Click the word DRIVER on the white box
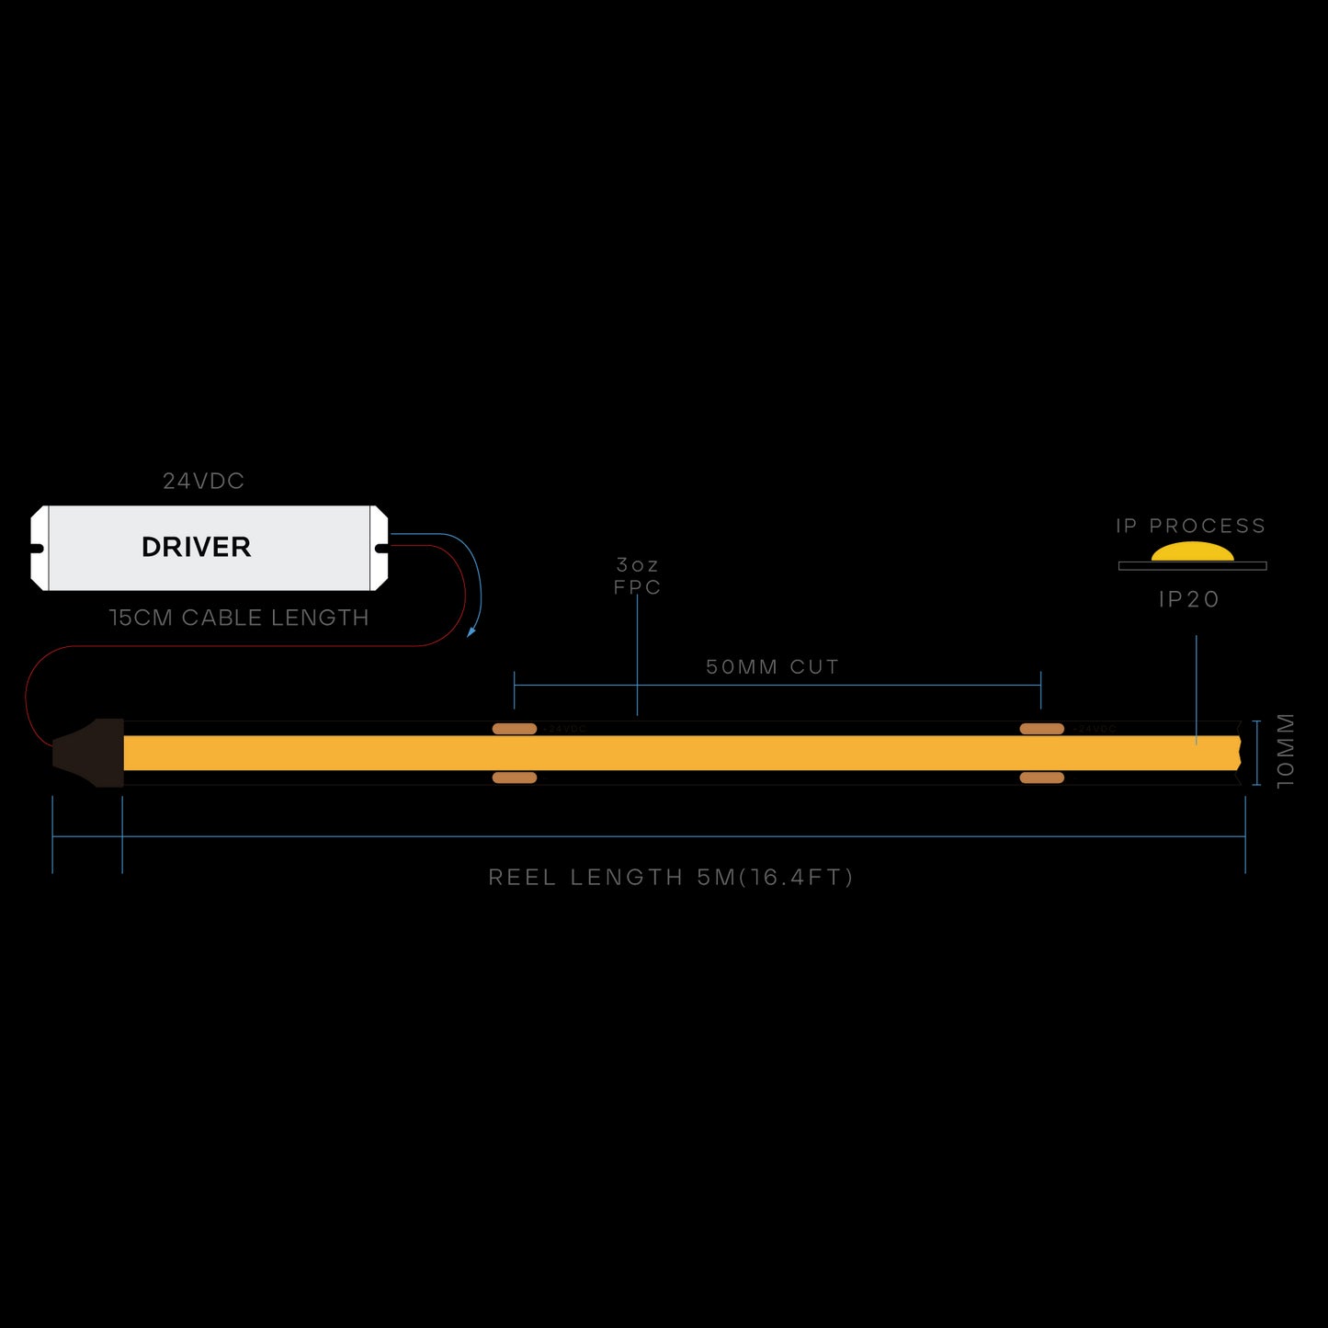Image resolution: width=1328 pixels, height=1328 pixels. click(196, 547)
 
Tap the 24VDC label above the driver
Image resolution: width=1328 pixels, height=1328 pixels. click(203, 481)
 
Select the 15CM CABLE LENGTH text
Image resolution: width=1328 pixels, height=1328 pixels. click(239, 618)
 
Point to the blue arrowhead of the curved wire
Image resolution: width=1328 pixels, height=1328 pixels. click(471, 631)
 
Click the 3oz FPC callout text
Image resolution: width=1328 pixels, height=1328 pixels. click(637, 576)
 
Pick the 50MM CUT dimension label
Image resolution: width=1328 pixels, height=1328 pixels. click(772, 667)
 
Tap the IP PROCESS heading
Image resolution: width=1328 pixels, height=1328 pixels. click(1190, 526)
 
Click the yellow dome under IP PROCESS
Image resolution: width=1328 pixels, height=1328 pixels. click(1192, 551)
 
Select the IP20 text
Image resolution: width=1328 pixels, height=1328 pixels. click(1189, 599)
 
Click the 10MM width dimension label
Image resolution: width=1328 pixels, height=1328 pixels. click(1285, 751)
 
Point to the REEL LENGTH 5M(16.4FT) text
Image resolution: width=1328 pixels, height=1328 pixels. click(671, 878)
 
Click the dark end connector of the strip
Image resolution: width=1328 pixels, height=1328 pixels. click(92, 753)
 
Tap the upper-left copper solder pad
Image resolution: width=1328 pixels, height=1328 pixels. click(515, 729)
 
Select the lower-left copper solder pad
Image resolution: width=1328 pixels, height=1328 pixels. click(515, 778)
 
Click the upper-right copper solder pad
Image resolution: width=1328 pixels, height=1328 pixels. click(1041, 729)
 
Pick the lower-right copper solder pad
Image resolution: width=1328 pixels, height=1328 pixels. click(1041, 778)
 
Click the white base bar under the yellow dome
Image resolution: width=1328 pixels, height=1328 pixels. click(1192, 566)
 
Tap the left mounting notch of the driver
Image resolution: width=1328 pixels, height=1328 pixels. click(38, 549)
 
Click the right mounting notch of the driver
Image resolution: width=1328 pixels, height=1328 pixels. click(380, 549)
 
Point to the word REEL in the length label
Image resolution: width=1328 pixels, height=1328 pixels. click(521, 878)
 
